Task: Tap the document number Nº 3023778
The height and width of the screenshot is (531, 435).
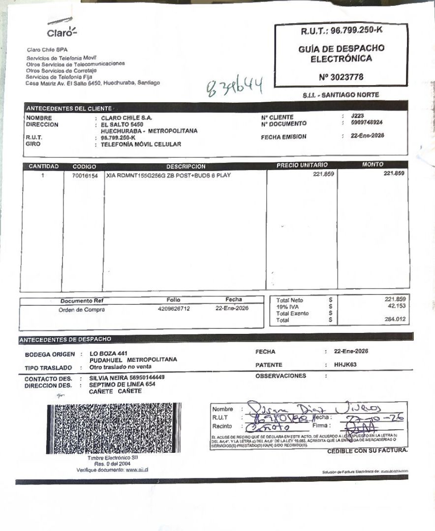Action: [341, 77]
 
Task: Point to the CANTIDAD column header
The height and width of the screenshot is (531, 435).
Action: [43, 166]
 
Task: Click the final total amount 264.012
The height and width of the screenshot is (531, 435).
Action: [394, 320]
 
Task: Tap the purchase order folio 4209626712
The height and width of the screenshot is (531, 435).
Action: [174, 309]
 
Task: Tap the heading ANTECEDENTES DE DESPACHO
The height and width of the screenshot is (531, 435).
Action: [65, 339]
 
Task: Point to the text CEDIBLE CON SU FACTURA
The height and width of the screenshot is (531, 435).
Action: [367, 450]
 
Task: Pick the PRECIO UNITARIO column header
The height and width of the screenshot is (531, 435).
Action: [302, 165]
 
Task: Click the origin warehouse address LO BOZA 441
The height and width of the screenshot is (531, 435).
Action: [108, 354]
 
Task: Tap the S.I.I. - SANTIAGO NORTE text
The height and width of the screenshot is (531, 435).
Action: [341, 95]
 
